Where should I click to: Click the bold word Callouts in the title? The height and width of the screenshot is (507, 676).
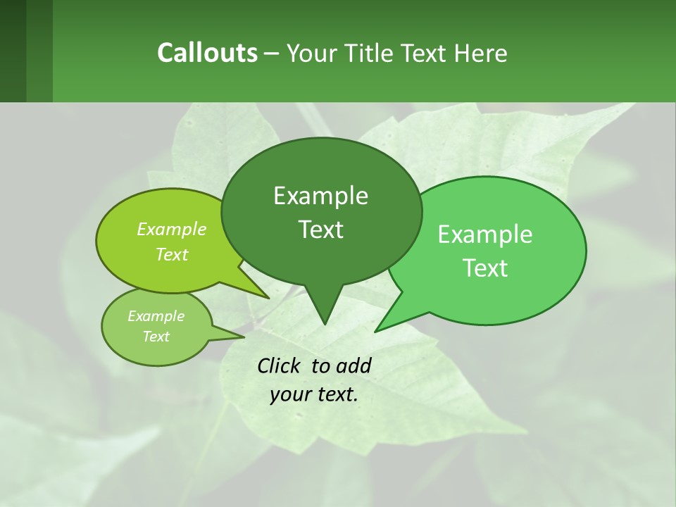point(207,53)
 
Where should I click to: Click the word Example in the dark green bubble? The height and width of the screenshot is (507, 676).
point(320,196)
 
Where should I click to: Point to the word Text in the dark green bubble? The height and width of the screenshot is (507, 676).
point(320,230)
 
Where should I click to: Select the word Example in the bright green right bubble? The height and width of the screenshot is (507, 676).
point(485,234)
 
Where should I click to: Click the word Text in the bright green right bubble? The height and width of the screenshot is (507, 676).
point(485,268)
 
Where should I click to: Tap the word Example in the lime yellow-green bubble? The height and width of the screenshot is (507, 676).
point(172,229)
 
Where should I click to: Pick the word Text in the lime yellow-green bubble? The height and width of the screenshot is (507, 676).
point(172,254)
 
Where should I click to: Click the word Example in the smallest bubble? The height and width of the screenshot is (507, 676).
point(156,316)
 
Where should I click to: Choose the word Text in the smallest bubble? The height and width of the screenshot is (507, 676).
point(156,337)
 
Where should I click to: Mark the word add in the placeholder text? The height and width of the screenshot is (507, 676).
point(353,365)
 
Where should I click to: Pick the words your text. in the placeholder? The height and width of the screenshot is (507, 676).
point(314,394)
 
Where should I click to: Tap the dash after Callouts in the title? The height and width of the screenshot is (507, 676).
point(273,53)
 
